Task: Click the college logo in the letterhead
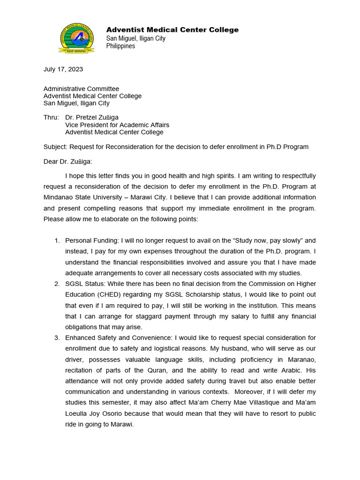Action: click(x=76, y=37)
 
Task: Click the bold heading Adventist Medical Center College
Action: click(x=172, y=30)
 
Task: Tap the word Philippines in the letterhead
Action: click(x=120, y=46)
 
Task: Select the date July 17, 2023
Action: click(x=63, y=69)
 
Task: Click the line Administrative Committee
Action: click(x=81, y=89)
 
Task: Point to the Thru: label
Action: click(x=51, y=118)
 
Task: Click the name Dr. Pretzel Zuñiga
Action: click(x=92, y=118)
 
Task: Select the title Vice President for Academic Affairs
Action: click(x=117, y=125)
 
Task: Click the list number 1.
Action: click(x=57, y=240)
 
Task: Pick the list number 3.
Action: click(x=57, y=337)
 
